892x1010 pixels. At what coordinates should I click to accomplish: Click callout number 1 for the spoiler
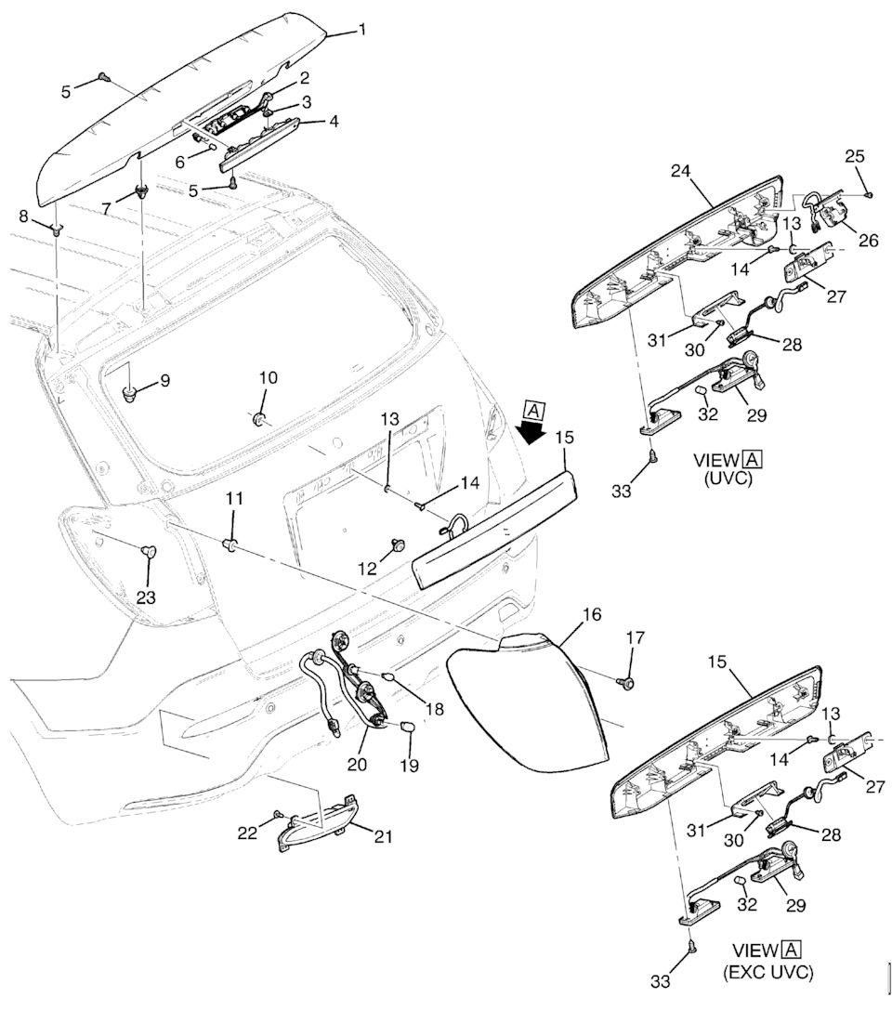click(x=362, y=30)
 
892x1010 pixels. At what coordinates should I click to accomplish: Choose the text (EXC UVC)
click(x=767, y=973)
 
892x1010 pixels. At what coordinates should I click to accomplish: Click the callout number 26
click(x=868, y=240)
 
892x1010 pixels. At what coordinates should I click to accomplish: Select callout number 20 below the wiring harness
click(x=358, y=764)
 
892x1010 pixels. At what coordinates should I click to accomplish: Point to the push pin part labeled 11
click(x=231, y=541)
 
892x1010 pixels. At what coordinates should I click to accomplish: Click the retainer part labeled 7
click(x=141, y=192)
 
